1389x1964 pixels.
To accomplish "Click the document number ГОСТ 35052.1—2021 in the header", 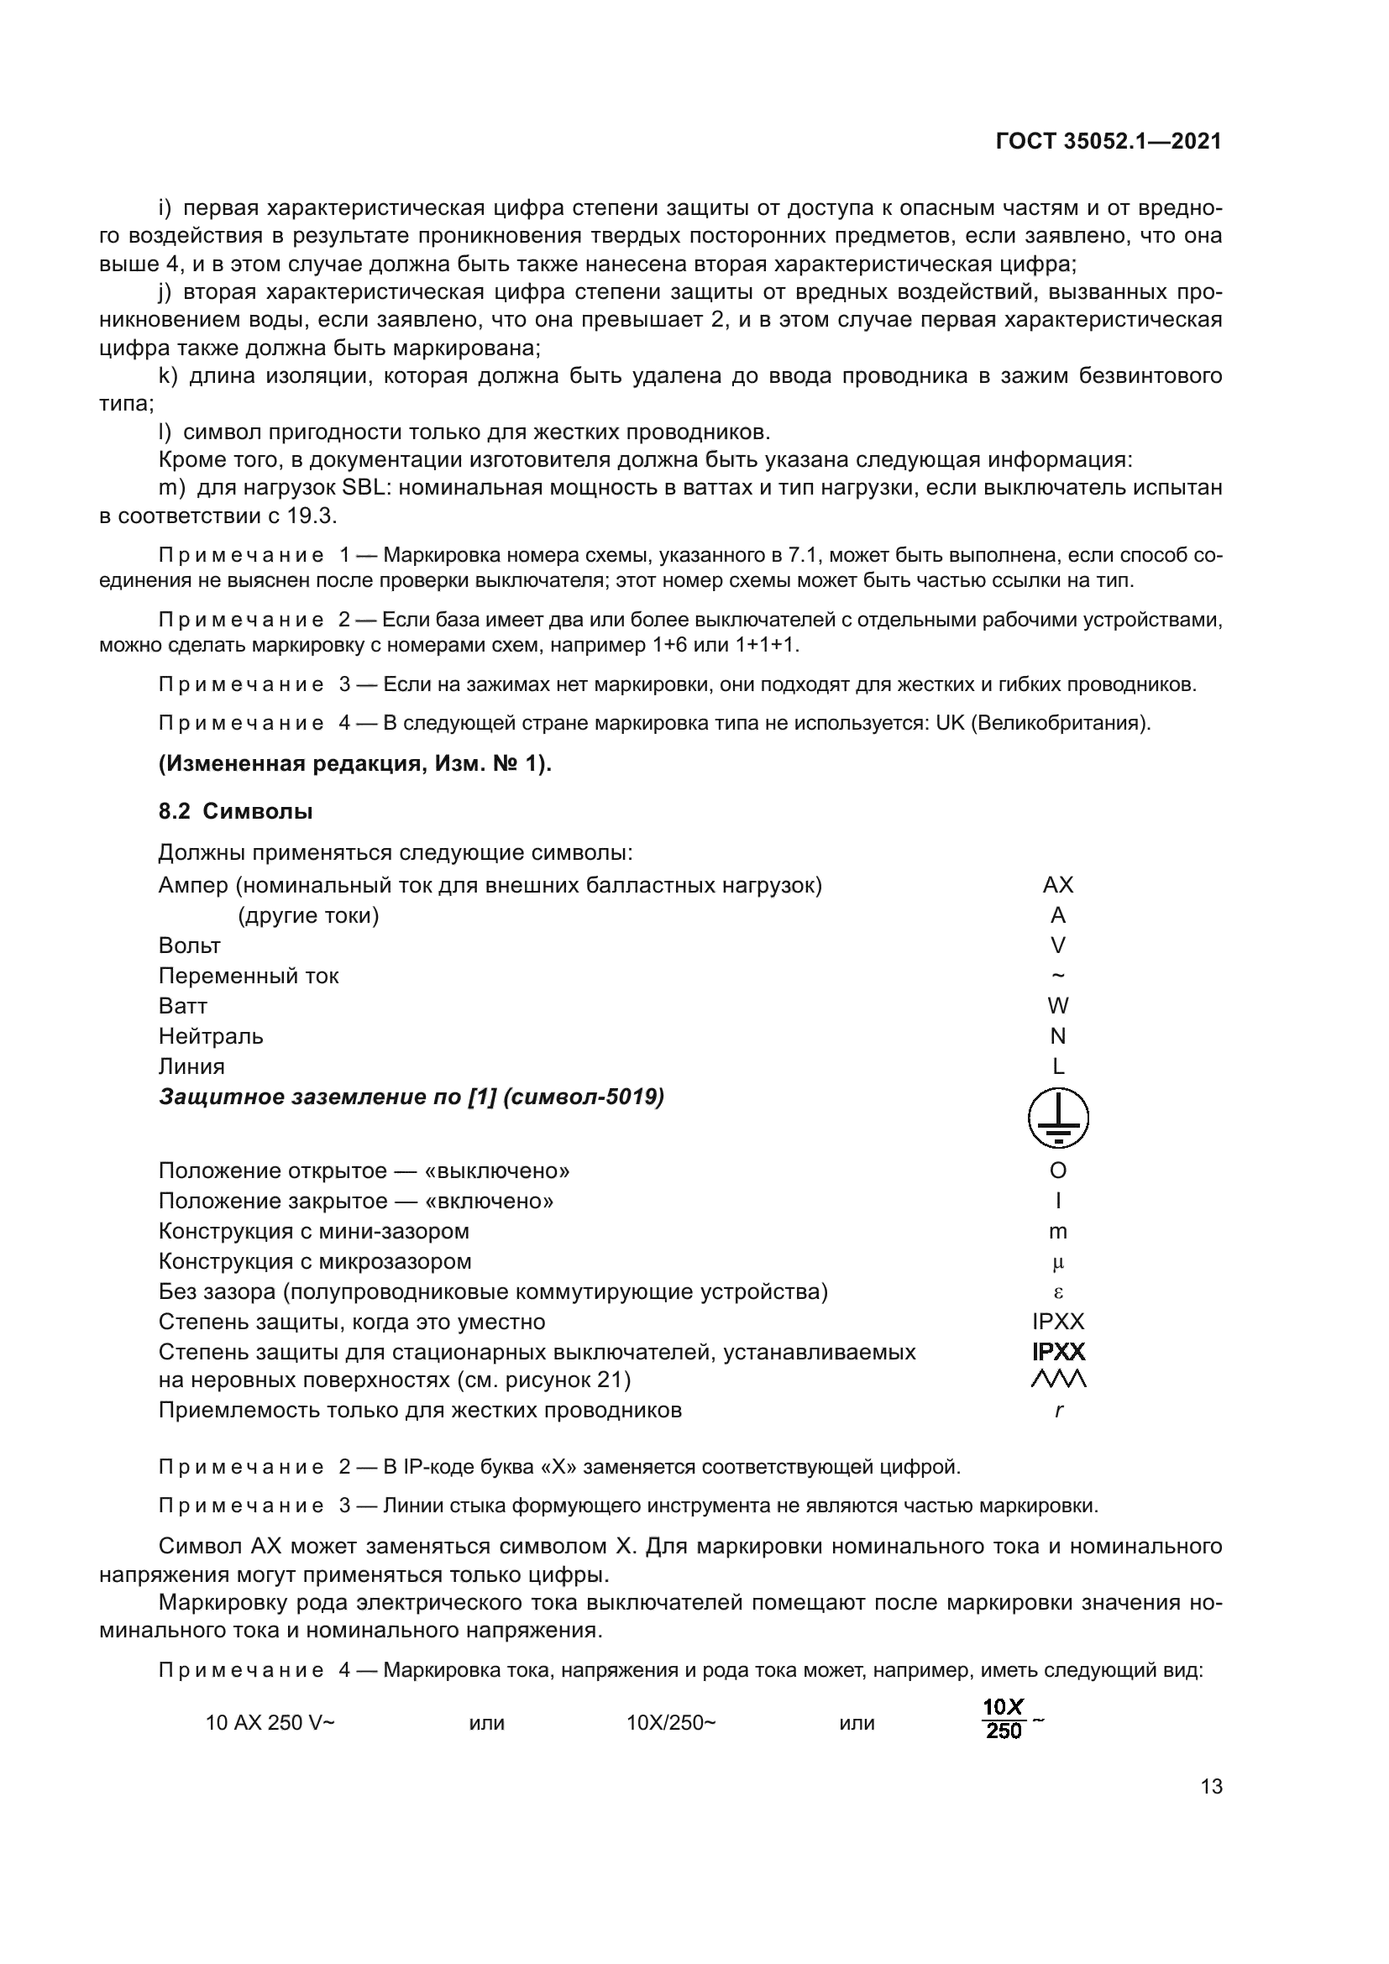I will coord(1109,141).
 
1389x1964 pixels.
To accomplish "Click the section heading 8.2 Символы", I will coord(235,811).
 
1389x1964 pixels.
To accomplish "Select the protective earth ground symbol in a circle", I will coord(1058,1118).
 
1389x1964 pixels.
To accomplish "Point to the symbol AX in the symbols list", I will coord(1058,885).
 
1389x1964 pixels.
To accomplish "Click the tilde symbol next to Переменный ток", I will coord(1058,975).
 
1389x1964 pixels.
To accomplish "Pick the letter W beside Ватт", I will coord(1058,1006).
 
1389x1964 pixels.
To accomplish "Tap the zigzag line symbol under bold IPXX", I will coord(1059,1379).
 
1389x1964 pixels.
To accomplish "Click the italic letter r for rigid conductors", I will coord(1059,1411).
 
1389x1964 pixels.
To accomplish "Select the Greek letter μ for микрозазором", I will coord(1058,1263).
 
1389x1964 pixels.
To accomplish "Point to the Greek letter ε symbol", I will coord(1058,1292).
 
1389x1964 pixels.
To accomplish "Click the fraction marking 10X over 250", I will coord(1004,1720).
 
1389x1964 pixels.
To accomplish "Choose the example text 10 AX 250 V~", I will coord(270,1723).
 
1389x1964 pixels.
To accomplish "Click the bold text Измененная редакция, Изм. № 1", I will coord(355,764).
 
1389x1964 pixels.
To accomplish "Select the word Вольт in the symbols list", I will coord(189,945).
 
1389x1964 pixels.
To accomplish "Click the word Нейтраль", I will coord(211,1036).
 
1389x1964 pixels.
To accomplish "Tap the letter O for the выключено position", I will coord(1058,1171).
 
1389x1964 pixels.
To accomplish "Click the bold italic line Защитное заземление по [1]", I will coord(411,1097).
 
